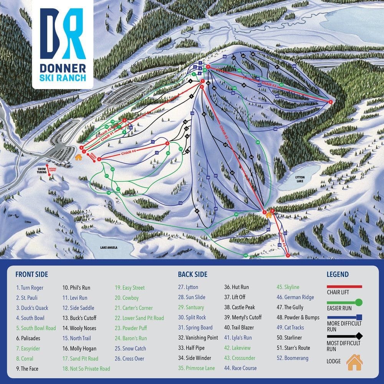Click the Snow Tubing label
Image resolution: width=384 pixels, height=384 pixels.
(41, 170)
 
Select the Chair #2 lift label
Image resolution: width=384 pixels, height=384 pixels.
(225, 132)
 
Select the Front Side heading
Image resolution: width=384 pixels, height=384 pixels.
(31, 274)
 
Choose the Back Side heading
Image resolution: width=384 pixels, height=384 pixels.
(192, 274)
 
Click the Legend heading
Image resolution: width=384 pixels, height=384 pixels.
(338, 274)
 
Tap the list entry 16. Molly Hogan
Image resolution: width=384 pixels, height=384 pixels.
(79, 349)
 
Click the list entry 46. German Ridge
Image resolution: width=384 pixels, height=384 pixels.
(295, 297)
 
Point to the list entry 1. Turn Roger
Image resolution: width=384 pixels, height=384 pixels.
(30, 288)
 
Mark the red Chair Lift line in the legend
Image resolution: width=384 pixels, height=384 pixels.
(344, 286)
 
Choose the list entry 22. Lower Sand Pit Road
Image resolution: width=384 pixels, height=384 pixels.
(139, 318)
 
